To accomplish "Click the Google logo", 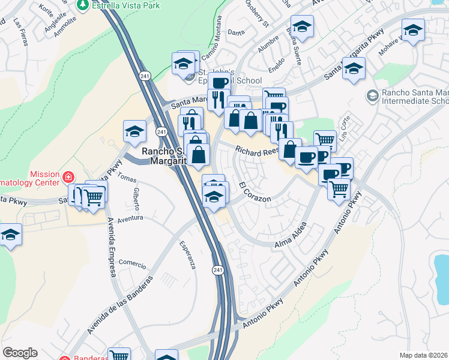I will click(x=20, y=353).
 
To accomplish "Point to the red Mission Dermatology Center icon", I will click(x=68, y=178).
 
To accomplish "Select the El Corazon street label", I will click(x=255, y=192).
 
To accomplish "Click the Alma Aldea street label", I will click(x=291, y=235).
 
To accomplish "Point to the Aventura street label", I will click(x=130, y=218).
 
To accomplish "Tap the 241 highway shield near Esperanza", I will click(x=217, y=271).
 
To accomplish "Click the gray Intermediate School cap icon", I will click(x=372, y=95).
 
